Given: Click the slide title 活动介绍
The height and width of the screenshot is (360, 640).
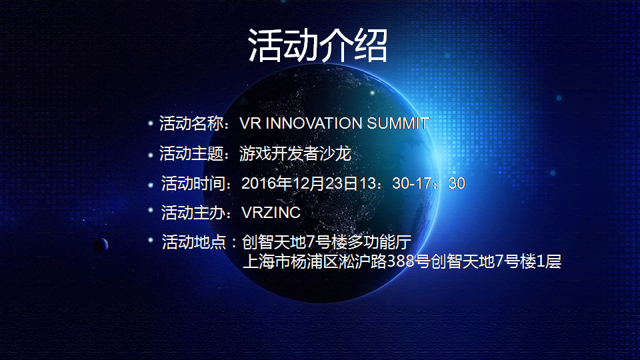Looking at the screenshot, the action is (317, 45).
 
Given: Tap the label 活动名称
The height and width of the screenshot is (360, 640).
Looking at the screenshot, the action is (191, 123).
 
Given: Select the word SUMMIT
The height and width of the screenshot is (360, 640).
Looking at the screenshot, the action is (398, 123).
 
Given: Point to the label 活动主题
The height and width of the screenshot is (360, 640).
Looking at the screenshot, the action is (191, 154).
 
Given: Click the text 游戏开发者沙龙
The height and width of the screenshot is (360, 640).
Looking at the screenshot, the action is (295, 154).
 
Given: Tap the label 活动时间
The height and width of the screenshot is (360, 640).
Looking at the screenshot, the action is (193, 184).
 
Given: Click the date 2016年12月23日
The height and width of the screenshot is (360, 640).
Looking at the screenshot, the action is (300, 184).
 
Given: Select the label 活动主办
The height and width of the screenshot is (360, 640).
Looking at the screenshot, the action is (193, 213).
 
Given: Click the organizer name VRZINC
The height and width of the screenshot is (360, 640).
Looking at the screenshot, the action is (271, 213).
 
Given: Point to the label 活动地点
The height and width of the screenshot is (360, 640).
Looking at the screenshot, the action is (194, 242).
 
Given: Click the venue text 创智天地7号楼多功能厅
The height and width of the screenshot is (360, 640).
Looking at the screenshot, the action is (327, 242).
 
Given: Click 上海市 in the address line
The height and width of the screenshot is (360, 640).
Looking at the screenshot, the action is (267, 261).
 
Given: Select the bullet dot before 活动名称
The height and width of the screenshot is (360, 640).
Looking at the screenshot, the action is (150, 123).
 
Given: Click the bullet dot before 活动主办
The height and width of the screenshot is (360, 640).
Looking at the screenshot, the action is (150, 211).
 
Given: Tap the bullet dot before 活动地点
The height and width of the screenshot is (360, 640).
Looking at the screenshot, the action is (150, 240).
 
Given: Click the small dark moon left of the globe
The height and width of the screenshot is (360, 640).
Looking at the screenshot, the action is (101, 245).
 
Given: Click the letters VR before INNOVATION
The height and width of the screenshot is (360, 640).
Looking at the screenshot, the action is (250, 123).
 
